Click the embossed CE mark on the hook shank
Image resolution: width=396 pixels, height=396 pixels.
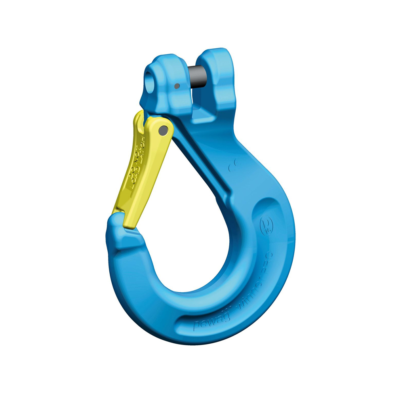tap(232, 166)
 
